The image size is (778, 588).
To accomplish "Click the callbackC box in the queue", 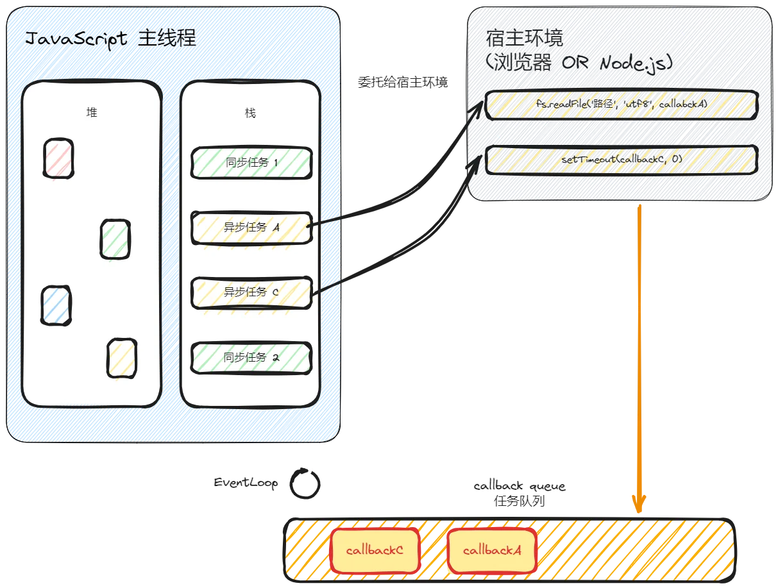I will (375, 551).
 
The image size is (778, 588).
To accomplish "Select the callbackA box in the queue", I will (492, 551).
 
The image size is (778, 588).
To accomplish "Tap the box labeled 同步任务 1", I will (251, 162).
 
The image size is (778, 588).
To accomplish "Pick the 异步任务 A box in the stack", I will (251, 227).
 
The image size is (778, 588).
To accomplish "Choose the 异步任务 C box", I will (251, 292).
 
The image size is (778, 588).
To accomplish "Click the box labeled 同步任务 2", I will (251, 358).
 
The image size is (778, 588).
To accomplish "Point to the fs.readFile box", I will (622, 104).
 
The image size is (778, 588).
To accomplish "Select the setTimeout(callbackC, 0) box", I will (622, 159).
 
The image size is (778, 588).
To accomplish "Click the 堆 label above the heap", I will (92, 112).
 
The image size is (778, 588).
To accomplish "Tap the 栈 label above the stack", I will (250, 113).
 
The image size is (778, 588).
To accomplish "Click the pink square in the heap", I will (58, 158).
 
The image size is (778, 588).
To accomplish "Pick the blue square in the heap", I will (56, 305).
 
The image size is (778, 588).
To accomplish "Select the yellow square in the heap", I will (121, 358).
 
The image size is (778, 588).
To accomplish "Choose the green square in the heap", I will (115, 239).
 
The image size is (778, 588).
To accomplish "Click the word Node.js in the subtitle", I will (632, 63).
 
